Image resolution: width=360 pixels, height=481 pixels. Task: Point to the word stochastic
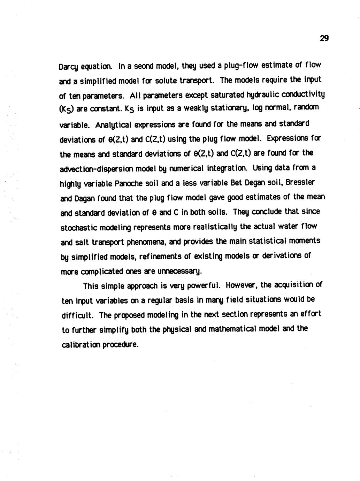pyautogui.click(x=78, y=227)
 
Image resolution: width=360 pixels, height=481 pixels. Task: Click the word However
pyautogui.click(x=241, y=285)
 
